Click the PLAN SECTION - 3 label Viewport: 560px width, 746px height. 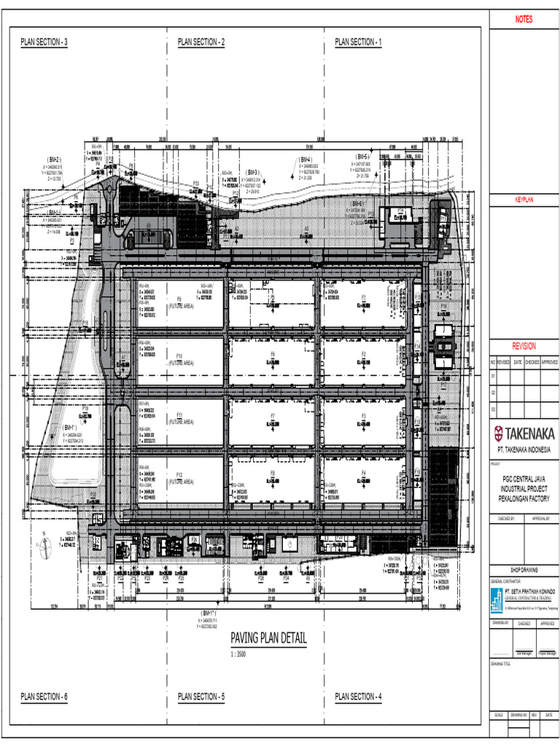click(x=44, y=42)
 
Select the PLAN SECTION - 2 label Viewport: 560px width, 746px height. click(x=201, y=42)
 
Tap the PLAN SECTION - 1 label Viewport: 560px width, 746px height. click(x=358, y=42)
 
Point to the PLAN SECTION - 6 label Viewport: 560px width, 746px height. click(x=44, y=697)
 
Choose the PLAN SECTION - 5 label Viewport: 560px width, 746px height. click(x=201, y=697)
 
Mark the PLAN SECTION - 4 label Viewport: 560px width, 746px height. click(x=358, y=697)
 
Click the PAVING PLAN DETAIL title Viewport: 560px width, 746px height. click(x=268, y=639)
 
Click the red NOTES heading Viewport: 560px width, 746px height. click(x=524, y=20)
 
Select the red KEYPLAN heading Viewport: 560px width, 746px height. click(x=524, y=199)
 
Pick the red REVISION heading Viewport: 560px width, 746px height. click(x=524, y=347)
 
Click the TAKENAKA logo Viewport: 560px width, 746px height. click(x=524, y=433)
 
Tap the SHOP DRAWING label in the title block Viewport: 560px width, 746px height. click(x=524, y=570)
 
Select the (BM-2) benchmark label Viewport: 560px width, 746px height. click(x=54, y=159)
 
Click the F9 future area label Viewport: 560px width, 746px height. click(x=179, y=299)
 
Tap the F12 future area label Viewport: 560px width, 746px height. click(x=179, y=475)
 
